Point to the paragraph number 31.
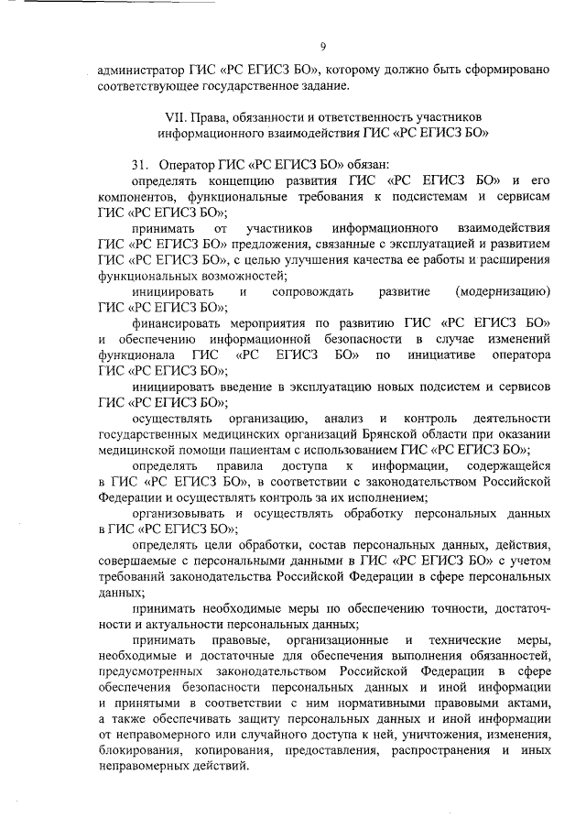point(140,164)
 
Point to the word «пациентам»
point(253,450)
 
